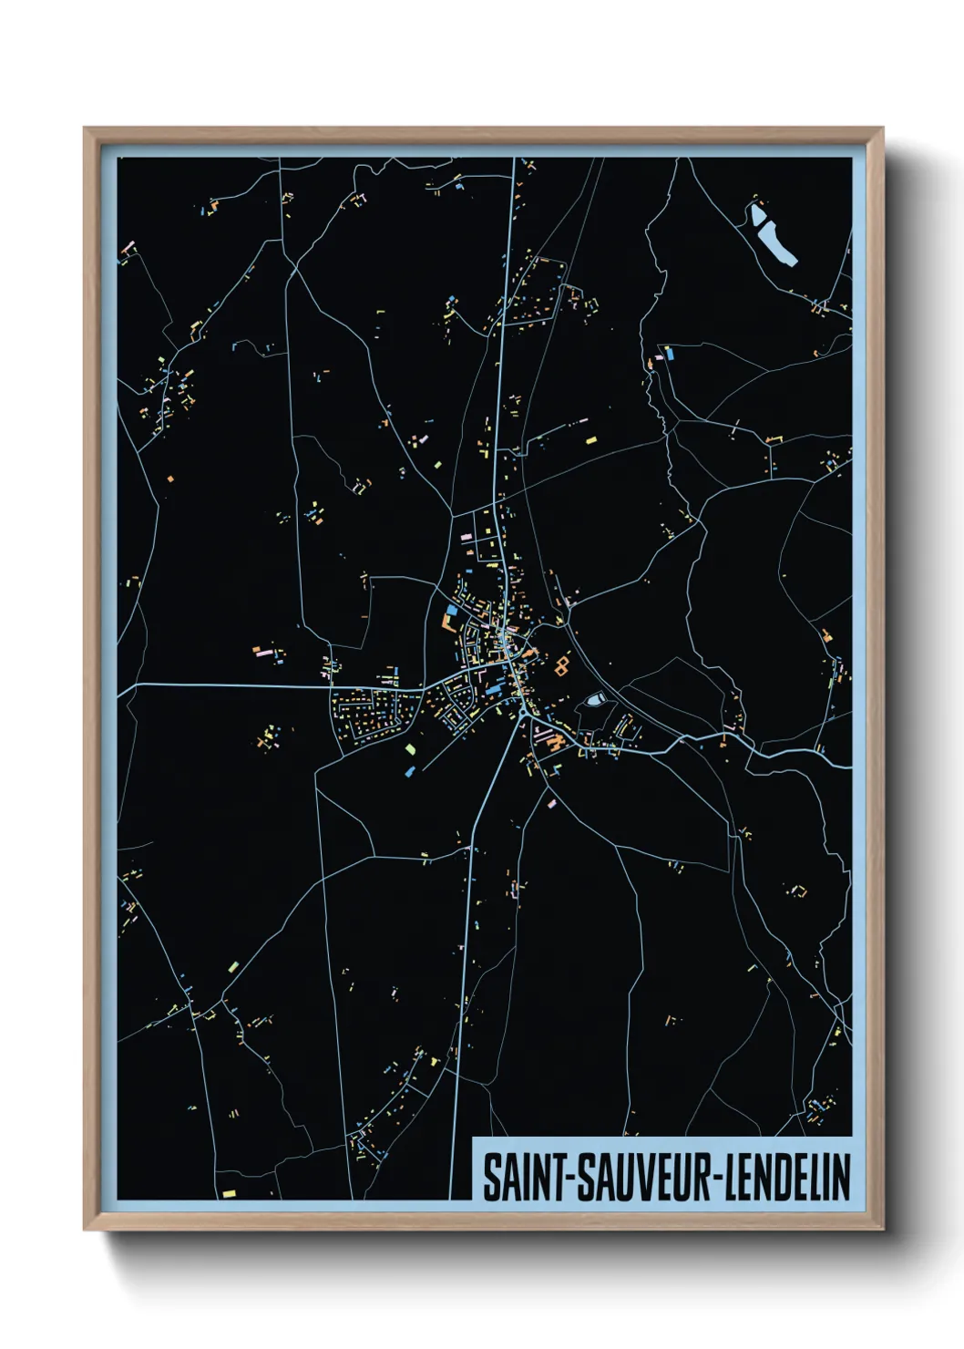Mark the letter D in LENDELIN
click(790, 1178)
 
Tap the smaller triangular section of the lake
click(757, 216)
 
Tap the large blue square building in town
click(452, 611)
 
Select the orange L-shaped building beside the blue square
click(446, 623)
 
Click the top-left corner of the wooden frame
click(86, 129)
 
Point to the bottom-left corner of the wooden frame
click(86, 1229)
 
